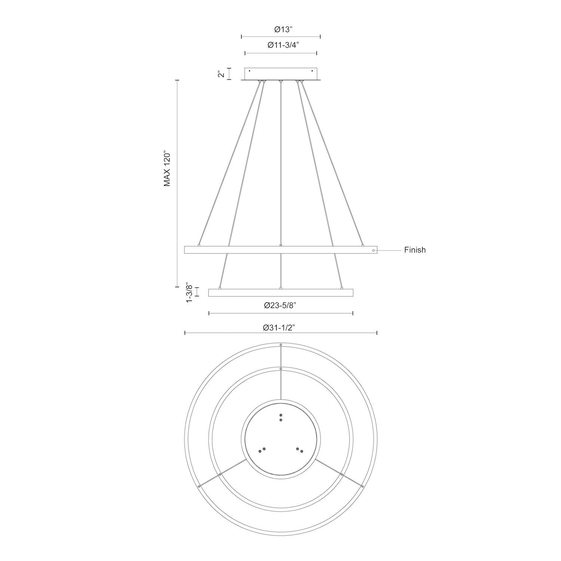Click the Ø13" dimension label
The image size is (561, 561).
pyautogui.click(x=280, y=29)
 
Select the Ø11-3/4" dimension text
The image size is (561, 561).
pyautogui.click(x=280, y=45)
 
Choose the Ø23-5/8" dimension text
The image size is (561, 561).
pyautogui.click(x=280, y=305)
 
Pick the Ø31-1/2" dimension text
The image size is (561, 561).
pyautogui.click(x=280, y=328)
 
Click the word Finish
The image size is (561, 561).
pyautogui.click(x=415, y=250)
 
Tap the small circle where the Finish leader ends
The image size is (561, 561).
pyautogui.click(x=373, y=250)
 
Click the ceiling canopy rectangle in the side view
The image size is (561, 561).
pyautogui.click(x=280, y=74)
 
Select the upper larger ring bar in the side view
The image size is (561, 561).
pyautogui.click(x=280, y=250)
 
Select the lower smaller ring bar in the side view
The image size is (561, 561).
pyautogui.click(x=280, y=292)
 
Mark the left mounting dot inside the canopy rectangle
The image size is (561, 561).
pyautogui.click(x=250, y=71)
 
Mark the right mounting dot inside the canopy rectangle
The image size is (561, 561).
pyautogui.click(x=312, y=71)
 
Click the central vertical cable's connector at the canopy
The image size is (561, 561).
pyautogui.click(x=280, y=81)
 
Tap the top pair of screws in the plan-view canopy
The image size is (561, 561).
pyautogui.click(x=280, y=417)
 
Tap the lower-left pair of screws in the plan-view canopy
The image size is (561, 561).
pyautogui.click(x=262, y=450)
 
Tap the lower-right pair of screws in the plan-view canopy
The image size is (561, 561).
pyautogui.click(x=300, y=450)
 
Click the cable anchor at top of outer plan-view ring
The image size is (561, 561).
pyautogui.click(x=281, y=344)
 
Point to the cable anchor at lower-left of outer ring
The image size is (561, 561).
pyautogui.click(x=199, y=486)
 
